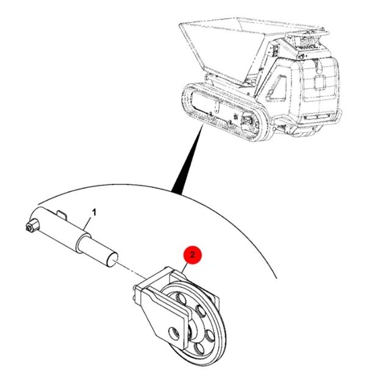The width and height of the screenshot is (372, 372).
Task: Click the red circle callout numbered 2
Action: coord(193,255)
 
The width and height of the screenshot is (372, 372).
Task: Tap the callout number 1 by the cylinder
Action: coord(94,212)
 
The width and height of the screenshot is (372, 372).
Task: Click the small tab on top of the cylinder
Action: coord(62,214)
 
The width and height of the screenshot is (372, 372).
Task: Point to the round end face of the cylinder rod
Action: coord(112,261)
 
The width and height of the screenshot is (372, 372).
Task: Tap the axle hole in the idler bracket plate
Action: coord(174,334)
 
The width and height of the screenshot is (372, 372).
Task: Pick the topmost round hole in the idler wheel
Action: coord(181,298)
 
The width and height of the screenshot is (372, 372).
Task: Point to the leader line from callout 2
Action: coord(185,268)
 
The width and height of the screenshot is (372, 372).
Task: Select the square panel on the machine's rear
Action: coord(320,82)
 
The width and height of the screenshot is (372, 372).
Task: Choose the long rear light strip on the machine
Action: coord(317,116)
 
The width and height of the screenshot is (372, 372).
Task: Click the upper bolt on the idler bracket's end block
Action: coord(135,287)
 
